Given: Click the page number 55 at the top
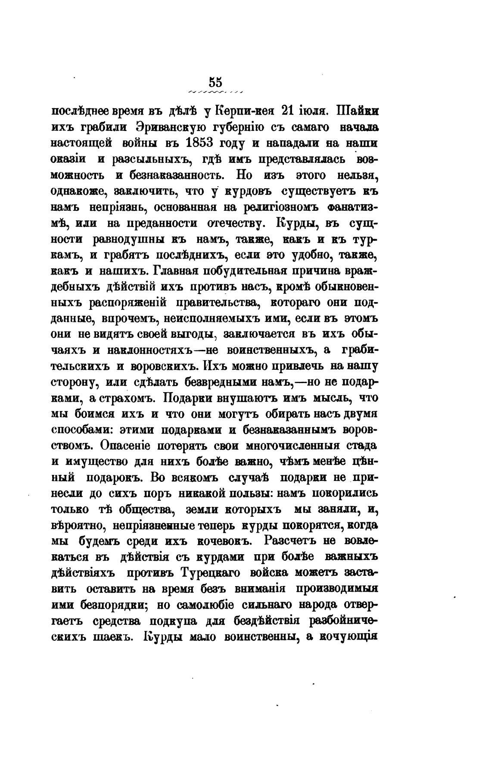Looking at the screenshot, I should pyautogui.click(x=215, y=82).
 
